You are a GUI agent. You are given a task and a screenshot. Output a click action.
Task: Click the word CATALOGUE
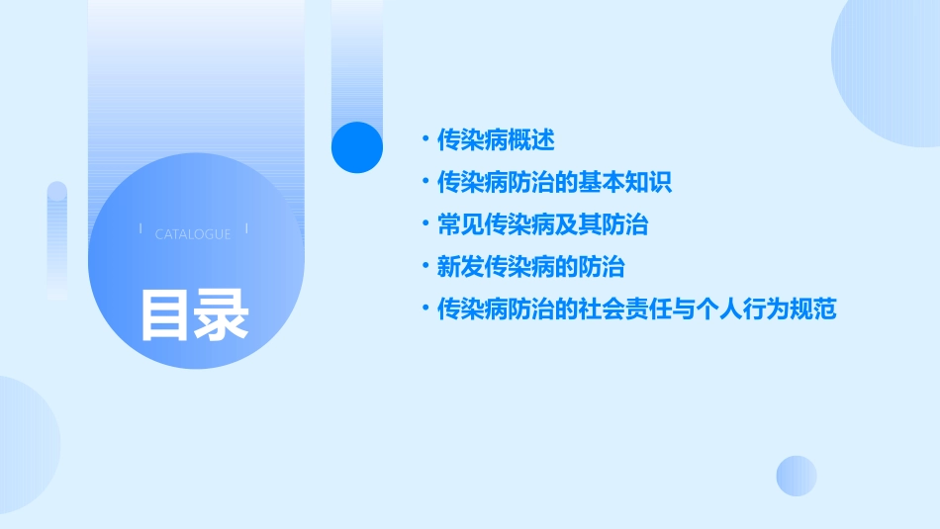[193, 234]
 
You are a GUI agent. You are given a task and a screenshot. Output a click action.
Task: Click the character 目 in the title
[164, 315]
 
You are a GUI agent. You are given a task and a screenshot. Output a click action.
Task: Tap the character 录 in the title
[221, 315]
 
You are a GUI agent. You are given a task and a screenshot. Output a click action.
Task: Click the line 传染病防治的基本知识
[554, 183]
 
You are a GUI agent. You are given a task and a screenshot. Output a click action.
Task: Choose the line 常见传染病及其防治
[542, 225]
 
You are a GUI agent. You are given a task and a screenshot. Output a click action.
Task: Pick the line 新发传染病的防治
[530, 267]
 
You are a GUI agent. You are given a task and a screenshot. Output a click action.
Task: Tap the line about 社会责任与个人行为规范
[636, 309]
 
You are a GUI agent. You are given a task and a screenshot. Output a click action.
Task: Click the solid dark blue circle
[357, 147]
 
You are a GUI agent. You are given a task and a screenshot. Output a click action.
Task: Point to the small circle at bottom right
[797, 476]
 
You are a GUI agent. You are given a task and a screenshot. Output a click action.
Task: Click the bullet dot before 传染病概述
[424, 140]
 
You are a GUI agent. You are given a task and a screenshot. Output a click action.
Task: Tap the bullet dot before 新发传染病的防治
[424, 267]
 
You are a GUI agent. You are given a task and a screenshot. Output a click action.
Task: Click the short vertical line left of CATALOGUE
[141, 228]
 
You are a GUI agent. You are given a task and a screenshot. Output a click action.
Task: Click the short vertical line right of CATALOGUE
[245, 228]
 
